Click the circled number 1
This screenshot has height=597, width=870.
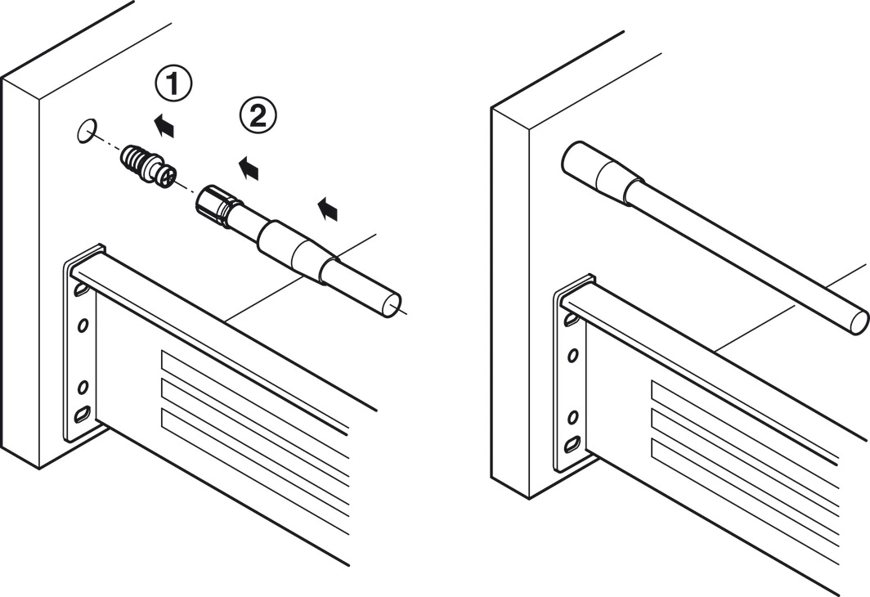pos(173,85)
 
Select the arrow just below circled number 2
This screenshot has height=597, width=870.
pos(248,168)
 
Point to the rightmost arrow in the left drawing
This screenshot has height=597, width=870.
pos(327,209)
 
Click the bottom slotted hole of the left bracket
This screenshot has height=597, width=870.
pos(82,415)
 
